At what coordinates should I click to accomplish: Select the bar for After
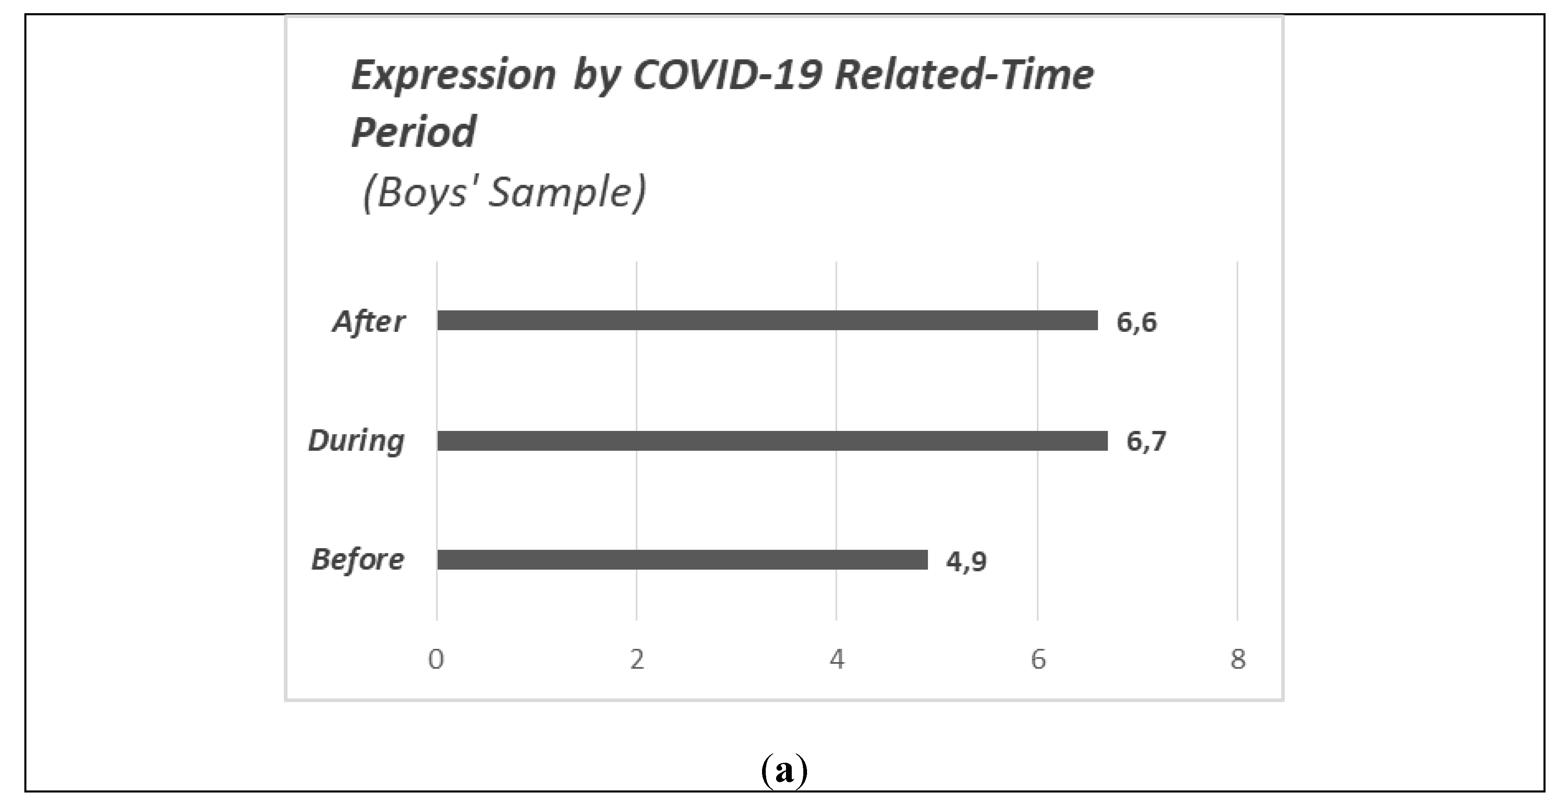[x=767, y=321]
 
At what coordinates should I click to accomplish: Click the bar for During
[x=772, y=440]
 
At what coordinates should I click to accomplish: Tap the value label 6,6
[x=1136, y=322]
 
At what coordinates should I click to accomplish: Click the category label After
[x=368, y=322]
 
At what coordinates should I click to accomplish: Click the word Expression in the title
[x=453, y=76]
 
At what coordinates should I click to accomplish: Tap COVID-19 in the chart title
[x=727, y=76]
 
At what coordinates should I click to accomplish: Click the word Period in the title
[x=414, y=132]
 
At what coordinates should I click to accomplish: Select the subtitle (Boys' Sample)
[x=504, y=193]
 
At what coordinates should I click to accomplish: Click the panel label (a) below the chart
[x=784, y=771]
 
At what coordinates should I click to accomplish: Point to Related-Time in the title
[x=964, y=76]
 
